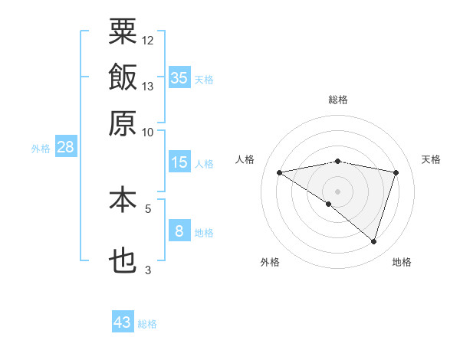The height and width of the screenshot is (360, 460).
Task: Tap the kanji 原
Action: point(123,123)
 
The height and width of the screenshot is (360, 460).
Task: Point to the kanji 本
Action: point(123,200)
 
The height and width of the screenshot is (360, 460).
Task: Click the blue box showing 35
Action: point(179,77)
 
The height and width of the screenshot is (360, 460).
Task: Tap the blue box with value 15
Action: point(179,162)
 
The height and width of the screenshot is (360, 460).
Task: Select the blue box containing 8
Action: point(179,231)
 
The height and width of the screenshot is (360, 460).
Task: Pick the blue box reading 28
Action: point(64,148)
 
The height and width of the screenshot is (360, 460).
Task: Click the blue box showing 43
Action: point(123,322)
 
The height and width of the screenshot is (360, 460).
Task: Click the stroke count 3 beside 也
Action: point(148,270)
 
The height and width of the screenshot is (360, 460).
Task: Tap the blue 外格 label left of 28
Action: point(41,149)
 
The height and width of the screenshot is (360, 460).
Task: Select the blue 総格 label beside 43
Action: point(148,324)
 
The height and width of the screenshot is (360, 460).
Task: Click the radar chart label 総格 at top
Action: point(338,100)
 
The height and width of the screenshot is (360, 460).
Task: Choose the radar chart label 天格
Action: point(431,159)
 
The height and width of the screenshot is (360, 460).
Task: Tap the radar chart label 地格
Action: point(402,262)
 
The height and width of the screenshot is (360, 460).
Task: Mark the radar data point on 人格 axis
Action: point(280,172)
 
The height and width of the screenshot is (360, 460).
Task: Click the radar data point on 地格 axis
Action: point(373,241)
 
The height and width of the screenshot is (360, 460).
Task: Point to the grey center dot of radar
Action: point(338,191)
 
